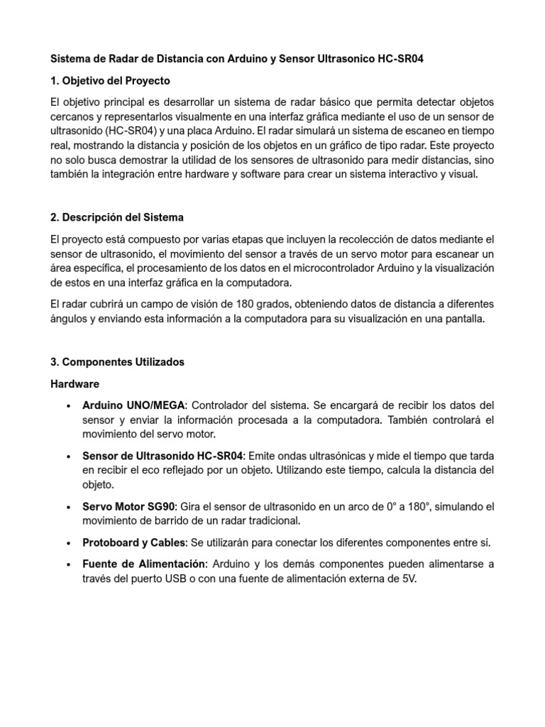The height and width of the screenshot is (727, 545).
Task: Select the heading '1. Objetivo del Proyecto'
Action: [x=110, y=80]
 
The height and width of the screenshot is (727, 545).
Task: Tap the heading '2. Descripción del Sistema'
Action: [x=117, y=217]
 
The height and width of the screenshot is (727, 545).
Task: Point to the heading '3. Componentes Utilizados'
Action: [x=117, y=361]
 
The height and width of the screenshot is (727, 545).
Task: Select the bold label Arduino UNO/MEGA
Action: [x=134, y=405]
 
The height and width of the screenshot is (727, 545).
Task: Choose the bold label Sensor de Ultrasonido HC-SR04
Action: [x=163, y=454]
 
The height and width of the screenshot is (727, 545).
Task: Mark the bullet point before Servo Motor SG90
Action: [x=67, y=507]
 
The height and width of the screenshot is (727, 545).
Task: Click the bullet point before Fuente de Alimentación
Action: [x=67, y=564]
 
